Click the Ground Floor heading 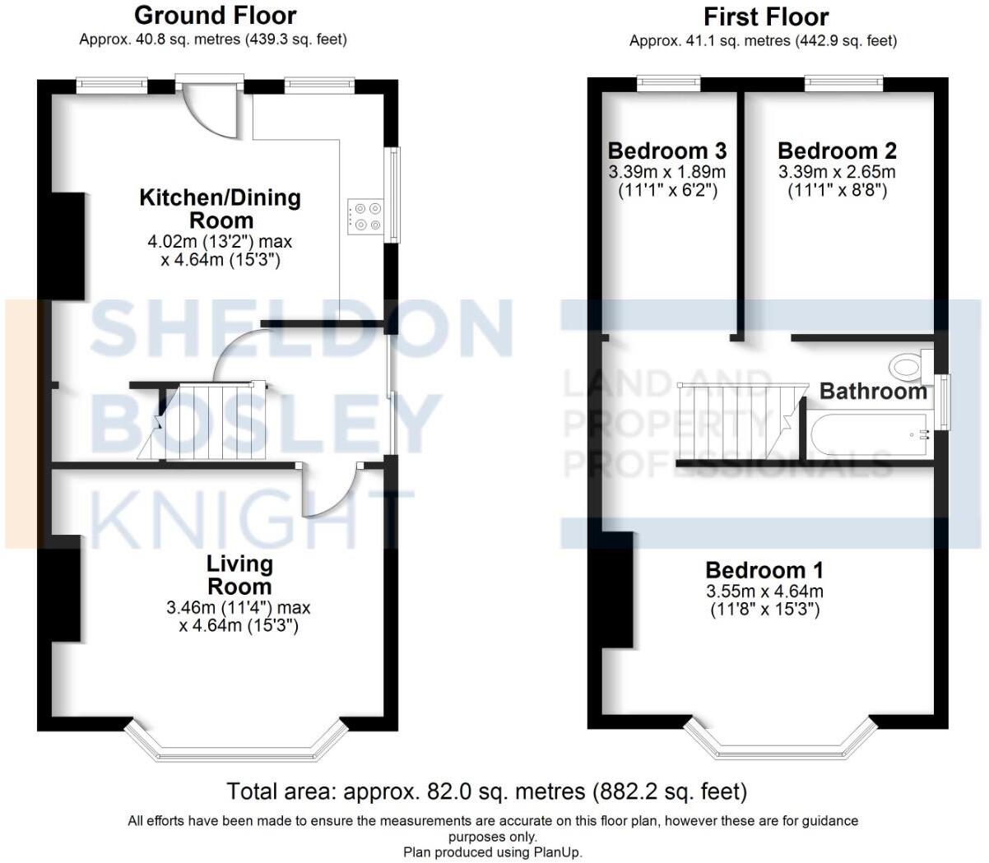[215, 16]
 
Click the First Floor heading [765, 16]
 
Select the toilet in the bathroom [908, 365]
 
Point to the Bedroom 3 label [666, 151]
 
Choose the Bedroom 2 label [836, 151]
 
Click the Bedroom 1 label [764, 570]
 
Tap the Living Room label [239, 575]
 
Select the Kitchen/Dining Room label [221, 209]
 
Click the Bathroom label [873, 392]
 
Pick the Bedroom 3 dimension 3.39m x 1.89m [666, 172]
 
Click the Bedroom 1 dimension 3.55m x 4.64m [764, 592]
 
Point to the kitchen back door [211, 107]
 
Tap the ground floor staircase [206, 421]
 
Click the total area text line [486, 791]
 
